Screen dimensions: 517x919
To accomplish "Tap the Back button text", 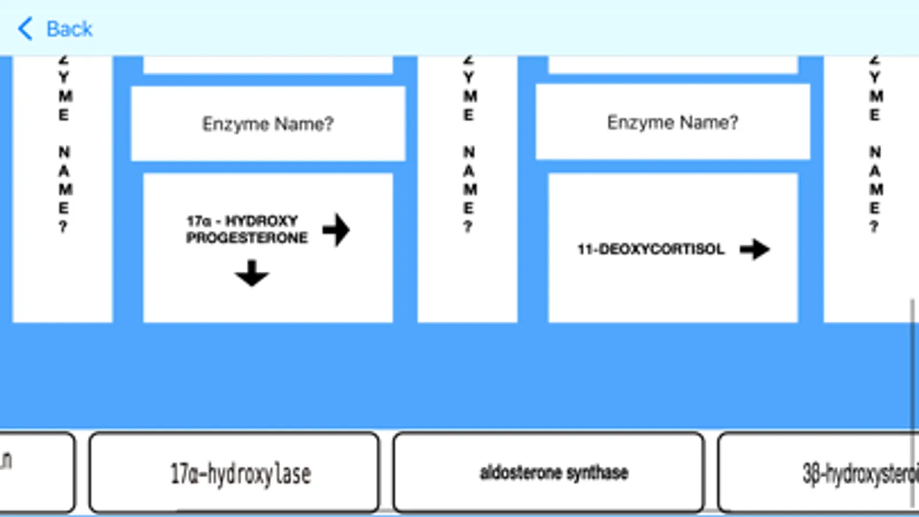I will click(x=69, y=29).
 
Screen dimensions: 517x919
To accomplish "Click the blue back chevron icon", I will click(x=26, y=29).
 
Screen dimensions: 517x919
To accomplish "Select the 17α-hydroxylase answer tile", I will click(x=234, y=473).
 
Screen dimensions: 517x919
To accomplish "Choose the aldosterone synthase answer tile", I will click(x=549, y=473).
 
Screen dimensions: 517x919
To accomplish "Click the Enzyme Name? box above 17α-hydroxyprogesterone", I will click(x=268, y=124).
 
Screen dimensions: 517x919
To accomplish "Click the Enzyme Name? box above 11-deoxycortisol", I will click(x=672, y=122).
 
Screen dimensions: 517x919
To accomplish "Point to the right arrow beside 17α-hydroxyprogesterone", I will click(x=336, y=230).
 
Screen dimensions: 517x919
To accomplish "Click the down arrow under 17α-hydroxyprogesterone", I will click(x=252, y=273).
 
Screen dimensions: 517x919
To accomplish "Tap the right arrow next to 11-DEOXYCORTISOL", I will click(x=755, y=249).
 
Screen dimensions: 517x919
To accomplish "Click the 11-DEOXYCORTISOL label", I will click(x=651, y=249).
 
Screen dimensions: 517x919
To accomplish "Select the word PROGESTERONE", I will click(x=247, y=238).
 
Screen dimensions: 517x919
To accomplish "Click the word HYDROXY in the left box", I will click(x=262, y=221).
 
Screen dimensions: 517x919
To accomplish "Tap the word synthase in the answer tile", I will click(x=597, y=473).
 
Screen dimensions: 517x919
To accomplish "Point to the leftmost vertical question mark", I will click(x=63, y=227).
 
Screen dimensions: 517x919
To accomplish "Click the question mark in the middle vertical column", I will click(x=468, y=227).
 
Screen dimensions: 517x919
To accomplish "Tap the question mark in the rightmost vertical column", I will click(x=874, y=227).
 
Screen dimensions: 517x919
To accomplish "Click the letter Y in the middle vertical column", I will click(x=469, y=77).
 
